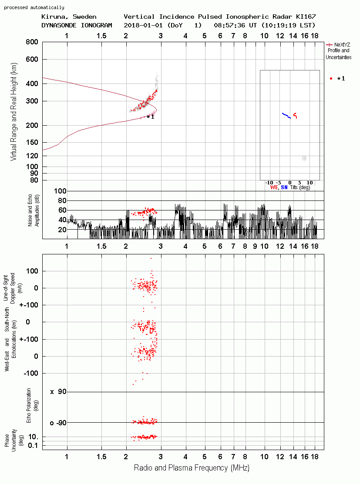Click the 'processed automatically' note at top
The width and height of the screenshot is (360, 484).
[34, 7]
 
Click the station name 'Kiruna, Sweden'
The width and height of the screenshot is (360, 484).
[69, 17]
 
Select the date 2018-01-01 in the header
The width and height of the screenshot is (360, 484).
[143, 25]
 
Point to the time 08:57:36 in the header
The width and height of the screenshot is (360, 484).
[229, 25]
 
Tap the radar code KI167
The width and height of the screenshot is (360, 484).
[306, 17]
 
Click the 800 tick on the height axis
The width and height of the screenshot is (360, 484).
[32, 42]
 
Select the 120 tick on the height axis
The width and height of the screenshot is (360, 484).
[32, 156]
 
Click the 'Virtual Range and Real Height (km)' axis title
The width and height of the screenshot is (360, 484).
[13, 112]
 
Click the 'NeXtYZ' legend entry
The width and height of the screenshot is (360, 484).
[342, 45]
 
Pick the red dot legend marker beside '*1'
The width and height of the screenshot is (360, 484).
[331, 78]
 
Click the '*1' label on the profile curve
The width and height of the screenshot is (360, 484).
[151, 117]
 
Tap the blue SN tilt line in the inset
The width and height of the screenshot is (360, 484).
[286, 115]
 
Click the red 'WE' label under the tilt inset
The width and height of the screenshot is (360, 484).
[274, 187]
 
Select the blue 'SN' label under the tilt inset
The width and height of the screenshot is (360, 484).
[284, 187]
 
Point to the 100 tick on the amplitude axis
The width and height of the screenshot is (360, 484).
[60, 191]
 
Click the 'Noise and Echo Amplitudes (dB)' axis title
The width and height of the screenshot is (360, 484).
[34, 210]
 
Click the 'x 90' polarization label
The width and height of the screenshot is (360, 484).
[58, 392]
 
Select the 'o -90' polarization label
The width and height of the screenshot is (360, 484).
[58, 423]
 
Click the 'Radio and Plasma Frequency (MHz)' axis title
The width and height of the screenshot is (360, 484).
[192, 468]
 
